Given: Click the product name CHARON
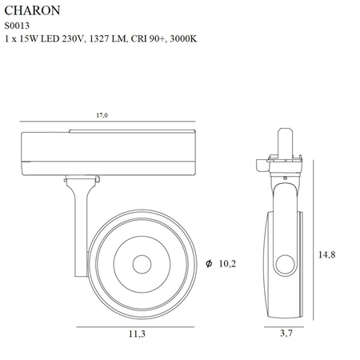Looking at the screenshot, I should pyautogui.click(x=29, y=11).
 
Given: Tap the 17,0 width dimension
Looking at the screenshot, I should pyautogui.click(x=102, y=115).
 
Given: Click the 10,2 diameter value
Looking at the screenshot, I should pyautogui.click(x=228, y=262).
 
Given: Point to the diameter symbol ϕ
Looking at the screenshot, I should pyautogui.click(x=208, y=262).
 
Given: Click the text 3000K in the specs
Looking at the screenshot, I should pyautogui.click(x=182, y=39).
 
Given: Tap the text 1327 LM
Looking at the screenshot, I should pyautogui.click(x=100, y=39).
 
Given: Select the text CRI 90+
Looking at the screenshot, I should pyautogui.click(x=142, y=39).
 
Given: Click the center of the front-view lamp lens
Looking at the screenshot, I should pyautogui.click(x=141, y=263).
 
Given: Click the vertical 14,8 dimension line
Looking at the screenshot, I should pyautogui.click(x=314, y=240).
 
